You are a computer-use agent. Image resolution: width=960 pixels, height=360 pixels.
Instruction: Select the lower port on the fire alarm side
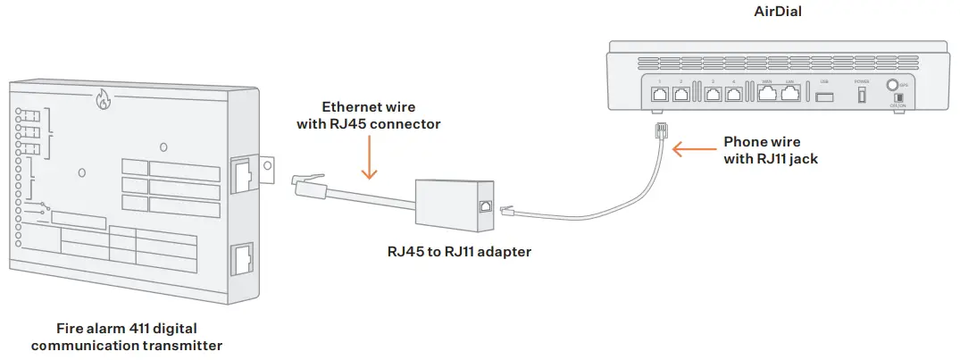[243, 261]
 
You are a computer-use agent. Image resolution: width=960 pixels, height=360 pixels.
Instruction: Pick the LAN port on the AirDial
[789, 95]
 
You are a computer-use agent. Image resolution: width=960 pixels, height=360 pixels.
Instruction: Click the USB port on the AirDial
[824, 95]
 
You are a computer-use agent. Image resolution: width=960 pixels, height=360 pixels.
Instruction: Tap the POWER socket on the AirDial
[862, 94]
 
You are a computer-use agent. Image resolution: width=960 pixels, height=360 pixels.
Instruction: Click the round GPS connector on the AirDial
[891, 86]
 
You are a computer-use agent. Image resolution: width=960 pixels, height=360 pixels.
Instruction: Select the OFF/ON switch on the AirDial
[897, 97]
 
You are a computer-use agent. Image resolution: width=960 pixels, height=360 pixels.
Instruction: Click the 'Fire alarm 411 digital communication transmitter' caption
[126, 336]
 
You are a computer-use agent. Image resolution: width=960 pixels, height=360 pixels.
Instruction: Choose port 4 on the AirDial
[733, 95]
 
